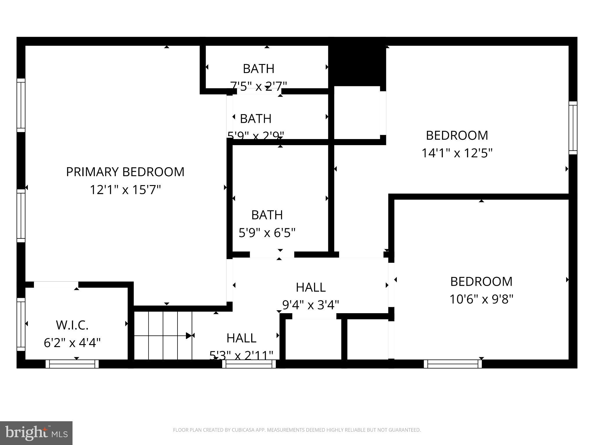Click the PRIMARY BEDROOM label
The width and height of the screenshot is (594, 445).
tap(125, 172)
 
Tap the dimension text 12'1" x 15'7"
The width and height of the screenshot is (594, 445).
tap(125, 190)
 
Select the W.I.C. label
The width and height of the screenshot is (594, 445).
tap(72, 325)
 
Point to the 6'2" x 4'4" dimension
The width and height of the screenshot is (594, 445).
tap(72, 343)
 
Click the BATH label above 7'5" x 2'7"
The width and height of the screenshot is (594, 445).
tap(258, 69)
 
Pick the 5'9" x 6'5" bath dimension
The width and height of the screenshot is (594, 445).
tap(267, 233)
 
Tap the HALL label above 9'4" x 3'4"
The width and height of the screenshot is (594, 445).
tap(311, 287)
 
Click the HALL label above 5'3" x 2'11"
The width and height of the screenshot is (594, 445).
tap(241, 338)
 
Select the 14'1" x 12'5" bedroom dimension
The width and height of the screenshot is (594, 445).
tap(457, 153)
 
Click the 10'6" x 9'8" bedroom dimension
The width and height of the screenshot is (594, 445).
tap(481, 299)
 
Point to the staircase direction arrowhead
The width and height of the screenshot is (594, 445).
tap(189, 335)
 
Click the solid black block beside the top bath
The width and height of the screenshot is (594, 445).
tap(357, 65)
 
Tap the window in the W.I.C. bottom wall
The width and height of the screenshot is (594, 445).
tap(72, 364)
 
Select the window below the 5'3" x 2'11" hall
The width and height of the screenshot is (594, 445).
tap(249, 364)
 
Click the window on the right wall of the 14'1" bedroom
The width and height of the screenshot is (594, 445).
tap(573, 128)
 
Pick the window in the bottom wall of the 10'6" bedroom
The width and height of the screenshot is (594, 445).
tap(452, 364)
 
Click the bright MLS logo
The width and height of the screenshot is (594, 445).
tap(36, 433)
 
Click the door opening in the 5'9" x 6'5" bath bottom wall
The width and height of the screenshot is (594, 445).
tap(272, 255)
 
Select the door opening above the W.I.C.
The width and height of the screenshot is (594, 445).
tap(56, 284)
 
